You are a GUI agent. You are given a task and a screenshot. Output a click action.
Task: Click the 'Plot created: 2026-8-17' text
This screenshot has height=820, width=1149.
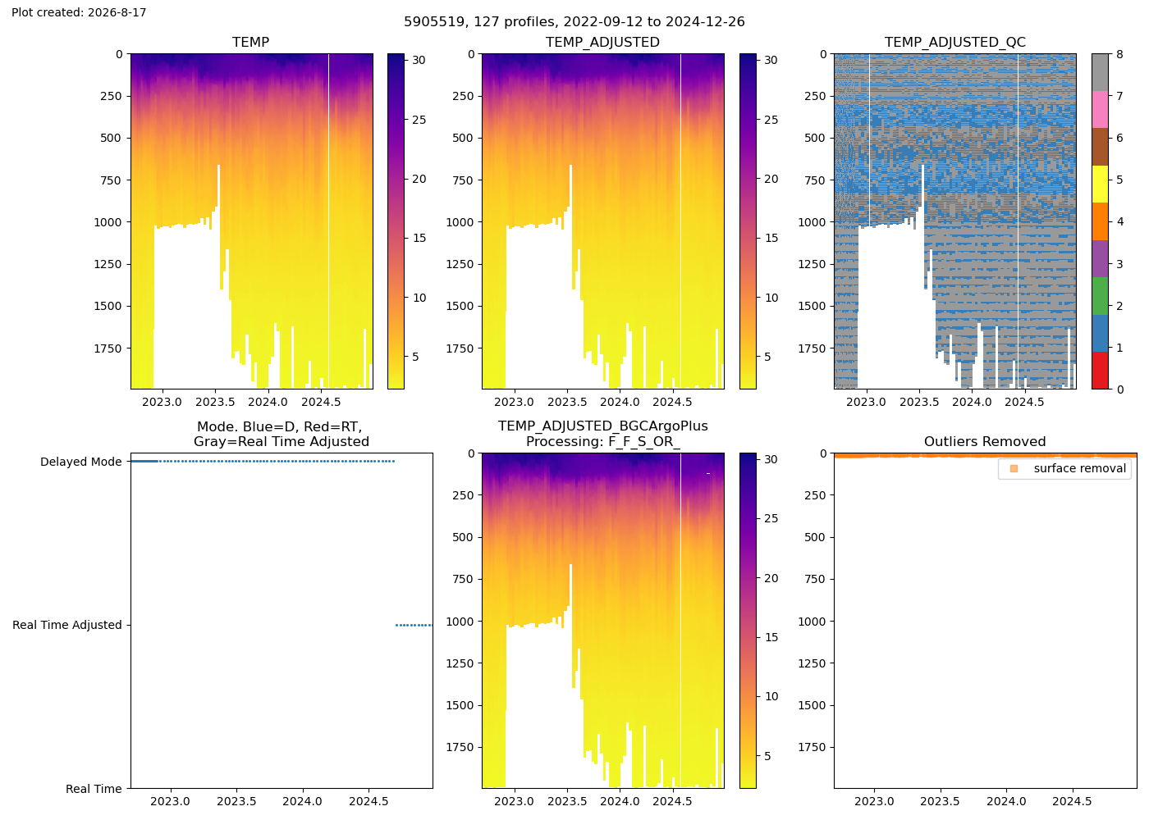tap(79, 12)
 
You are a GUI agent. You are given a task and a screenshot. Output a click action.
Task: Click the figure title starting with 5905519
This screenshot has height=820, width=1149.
tap(574, 21)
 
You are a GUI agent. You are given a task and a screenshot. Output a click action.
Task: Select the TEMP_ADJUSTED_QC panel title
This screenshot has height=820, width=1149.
tap(954, 42)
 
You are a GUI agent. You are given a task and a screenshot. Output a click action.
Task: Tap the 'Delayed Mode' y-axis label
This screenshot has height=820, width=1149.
tap(81, 462)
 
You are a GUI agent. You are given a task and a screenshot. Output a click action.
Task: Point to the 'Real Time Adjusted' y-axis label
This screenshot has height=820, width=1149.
tap(67, 625)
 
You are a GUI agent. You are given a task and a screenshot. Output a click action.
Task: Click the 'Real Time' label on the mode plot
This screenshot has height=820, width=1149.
tap(94, 789)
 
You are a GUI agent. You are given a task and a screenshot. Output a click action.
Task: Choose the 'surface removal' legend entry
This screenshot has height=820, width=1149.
tap(1079, 468)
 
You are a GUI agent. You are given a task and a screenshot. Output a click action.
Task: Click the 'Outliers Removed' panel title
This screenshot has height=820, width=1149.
tap(985, 441)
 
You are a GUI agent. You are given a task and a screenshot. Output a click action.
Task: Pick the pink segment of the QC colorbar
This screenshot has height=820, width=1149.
tap(1100, 110)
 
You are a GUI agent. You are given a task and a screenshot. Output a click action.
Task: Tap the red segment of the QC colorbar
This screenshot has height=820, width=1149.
tap(1100, 371)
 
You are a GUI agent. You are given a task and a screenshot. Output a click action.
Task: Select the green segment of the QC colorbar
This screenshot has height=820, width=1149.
tap(1100, 296)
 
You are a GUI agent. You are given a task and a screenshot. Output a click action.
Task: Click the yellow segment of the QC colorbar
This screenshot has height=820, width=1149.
tap(1100, 184)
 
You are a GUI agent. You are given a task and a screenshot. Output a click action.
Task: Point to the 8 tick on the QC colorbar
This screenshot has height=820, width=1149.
tap(1119, 54)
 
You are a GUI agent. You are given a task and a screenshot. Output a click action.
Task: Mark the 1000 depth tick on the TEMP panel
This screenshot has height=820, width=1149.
tap(108, 222)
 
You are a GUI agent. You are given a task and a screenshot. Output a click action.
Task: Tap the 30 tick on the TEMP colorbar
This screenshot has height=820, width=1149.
tap(419, 60)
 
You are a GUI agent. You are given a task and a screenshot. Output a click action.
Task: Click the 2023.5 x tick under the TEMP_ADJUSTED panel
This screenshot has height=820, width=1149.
tap(567, 402)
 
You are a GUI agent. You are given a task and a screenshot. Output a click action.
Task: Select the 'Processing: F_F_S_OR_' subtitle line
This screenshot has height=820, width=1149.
tap(603, 441)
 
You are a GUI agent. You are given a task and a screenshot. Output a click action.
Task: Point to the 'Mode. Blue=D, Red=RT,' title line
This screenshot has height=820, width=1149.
tap(280, 426)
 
